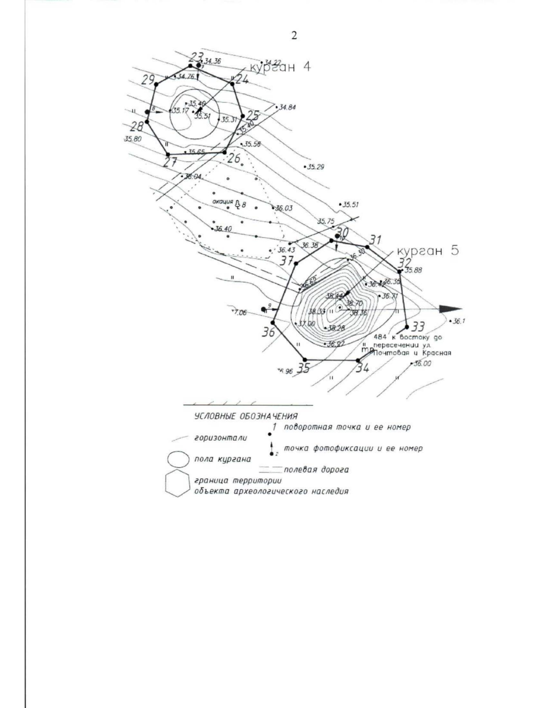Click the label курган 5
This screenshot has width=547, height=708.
tap(428, 251)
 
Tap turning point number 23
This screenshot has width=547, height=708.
tap(191, 66)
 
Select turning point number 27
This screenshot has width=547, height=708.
tap(168, 155)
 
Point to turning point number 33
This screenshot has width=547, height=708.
tap(407, 326)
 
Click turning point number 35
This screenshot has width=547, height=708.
tap(304, 359)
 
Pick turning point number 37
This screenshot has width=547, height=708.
tap(296, 263)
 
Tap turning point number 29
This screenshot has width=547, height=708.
tap(156, 84)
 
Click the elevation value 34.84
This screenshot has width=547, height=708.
tap(287, 108)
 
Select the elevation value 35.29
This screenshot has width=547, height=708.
tap(315, 167)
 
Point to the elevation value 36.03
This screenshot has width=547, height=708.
tap(284, 208)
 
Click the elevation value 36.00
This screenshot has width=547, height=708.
tap(422, 363)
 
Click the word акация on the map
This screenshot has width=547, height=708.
tap(222, 201)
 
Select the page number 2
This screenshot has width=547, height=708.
tap(294, 36)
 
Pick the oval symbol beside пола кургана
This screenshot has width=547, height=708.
tap(178, 460)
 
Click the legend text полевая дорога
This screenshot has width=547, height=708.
tap(316, 470)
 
